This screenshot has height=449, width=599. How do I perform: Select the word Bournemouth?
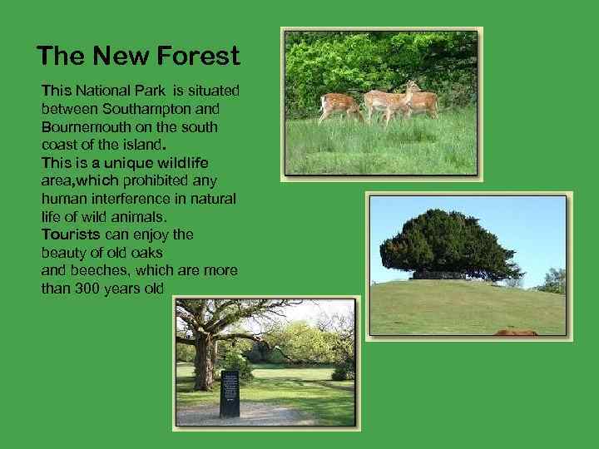pyautogui.click(x=82, y=127)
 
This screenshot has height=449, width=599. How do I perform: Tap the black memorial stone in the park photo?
pyautogui.click(x=229, y=393)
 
